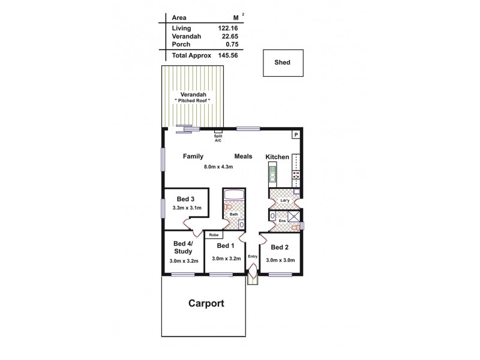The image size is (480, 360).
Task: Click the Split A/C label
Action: point(218,137)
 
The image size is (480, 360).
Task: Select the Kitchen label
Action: point(277,157)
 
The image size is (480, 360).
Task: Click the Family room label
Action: point(193,156)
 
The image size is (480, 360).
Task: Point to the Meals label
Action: point(243,156)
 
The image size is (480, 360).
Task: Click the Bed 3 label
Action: point(185,199)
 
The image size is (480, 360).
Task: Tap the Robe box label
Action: point(214,235)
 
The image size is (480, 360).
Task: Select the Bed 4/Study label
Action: point(182,247)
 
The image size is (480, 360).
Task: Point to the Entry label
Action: point(252,257)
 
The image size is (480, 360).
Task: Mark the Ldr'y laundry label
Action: point(277,200)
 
